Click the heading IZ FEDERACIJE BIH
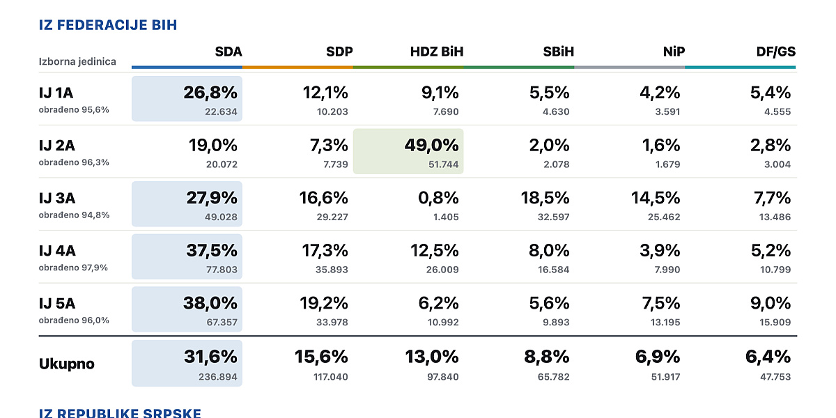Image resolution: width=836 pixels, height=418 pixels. tap(108, 25)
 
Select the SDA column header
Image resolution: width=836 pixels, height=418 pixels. tap(229, 52)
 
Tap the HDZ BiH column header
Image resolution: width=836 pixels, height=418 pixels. tap(437, 52)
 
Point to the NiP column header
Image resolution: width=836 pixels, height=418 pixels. tap(674, 52)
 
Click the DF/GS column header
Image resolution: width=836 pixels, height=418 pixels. tap(776, 52)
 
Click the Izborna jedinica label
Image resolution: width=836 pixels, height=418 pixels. tap(77, 61)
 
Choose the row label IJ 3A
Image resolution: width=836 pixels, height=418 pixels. tap(57, 198)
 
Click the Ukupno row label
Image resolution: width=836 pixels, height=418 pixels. tap(66, 364)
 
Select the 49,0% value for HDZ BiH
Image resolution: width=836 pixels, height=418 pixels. tap(431, 145)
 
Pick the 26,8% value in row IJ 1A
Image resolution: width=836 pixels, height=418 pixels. tap(210, 93)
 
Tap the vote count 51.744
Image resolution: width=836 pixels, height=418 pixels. tap(443, 164)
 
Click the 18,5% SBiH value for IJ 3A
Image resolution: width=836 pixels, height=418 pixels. tap(545, 198)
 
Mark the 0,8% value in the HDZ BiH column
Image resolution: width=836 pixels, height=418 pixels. tap(438, 198)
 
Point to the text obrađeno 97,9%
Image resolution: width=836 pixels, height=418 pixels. tap(73, 268)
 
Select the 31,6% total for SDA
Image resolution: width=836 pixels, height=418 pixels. tap(210, 357)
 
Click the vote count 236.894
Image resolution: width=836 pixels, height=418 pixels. tap(218, 377)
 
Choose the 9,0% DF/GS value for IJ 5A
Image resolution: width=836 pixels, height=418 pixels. tap(771, 303)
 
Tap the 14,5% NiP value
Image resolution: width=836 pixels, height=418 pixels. tap(656, 198)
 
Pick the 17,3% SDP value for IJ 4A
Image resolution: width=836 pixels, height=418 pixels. tap(325, 250)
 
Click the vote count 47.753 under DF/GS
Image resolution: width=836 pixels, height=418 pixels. tap(775, 377)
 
